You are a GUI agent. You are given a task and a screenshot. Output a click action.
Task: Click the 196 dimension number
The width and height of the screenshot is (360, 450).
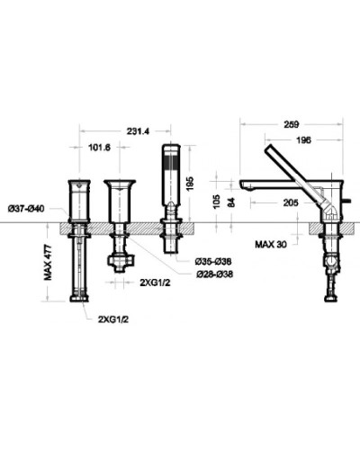[x=304, y=139]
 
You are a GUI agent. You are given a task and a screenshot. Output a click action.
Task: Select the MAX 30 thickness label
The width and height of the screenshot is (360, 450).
[x=272, y=243]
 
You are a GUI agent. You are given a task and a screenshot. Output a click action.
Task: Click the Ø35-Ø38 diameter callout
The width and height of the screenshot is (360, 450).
[x=213, y=261]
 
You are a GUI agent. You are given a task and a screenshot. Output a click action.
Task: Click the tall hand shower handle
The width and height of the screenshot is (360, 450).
[x=169, y=171]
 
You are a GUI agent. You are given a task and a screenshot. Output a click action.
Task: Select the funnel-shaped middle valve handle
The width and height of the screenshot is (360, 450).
[x=119, y=195]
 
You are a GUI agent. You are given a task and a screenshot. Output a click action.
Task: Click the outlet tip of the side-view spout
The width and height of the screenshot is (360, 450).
[x=244, y=185]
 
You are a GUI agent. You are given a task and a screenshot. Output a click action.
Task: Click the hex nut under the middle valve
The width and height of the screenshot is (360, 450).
[x=119, y=262]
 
